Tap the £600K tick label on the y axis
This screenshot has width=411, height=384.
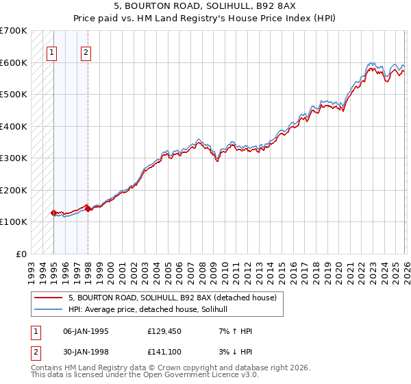pos(14,62)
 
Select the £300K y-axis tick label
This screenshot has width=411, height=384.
pos(14,158)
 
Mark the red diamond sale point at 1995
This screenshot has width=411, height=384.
pos(53,213)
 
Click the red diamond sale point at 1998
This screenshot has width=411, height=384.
pos(88,208)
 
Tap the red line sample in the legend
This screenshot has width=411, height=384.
pos(48,298)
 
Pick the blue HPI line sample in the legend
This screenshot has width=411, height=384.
pos(48,309)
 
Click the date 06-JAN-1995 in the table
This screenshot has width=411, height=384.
pos(86,331)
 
